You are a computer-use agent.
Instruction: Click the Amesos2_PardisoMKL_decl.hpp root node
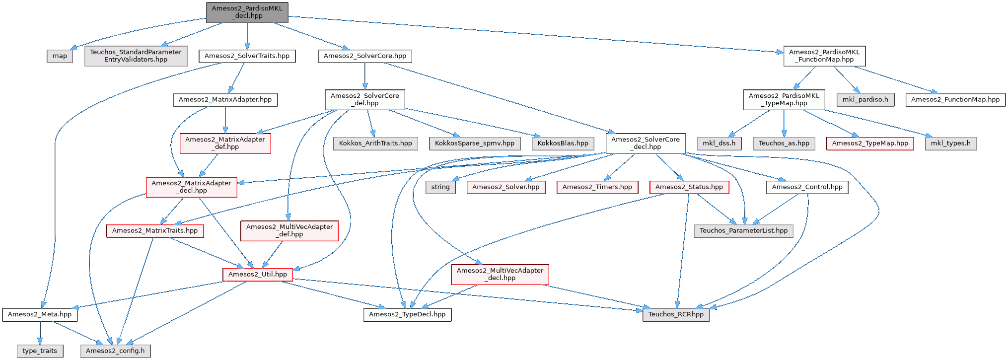point(247,12)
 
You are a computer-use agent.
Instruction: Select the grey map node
point(60,56)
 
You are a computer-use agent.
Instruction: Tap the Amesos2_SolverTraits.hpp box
point(247,56)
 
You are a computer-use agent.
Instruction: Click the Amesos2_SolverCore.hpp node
point(364,56)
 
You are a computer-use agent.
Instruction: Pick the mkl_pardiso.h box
point(865,100)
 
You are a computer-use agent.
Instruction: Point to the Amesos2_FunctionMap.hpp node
point(955,100)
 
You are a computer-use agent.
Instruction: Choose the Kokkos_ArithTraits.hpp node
point(375,144)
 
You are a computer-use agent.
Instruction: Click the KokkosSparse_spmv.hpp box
point(474,144)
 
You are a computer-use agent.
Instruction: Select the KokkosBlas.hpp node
point(563,144)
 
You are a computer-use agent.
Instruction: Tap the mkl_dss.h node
point(719,144)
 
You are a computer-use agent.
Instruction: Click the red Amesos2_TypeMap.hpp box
point(869,144)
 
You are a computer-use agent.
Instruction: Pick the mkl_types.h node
point(950,144)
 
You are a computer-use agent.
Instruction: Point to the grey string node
point(440,187)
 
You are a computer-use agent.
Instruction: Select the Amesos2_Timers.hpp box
point(597,187)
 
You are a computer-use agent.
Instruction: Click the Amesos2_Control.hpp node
point(807,187)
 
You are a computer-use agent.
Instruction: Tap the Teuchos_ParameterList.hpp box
point(743,231)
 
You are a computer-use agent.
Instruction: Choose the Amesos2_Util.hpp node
point(257,275)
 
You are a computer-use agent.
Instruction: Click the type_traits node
point(40,351)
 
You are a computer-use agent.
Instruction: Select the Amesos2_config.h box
point(115,351)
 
